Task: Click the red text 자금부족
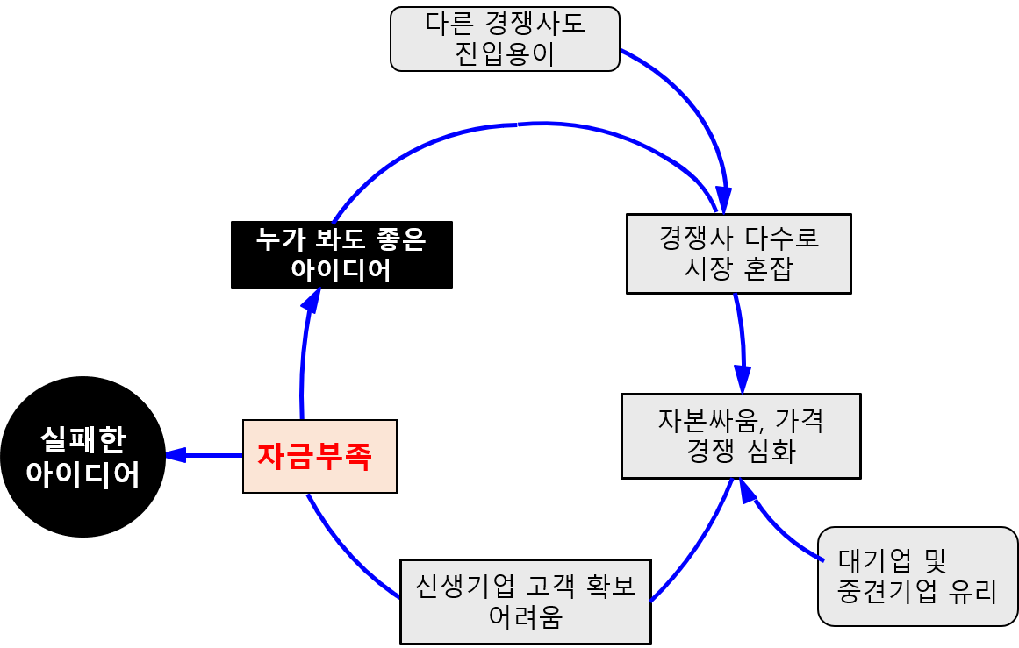click(x=314, y=456)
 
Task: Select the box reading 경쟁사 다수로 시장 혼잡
click(x=738, y=253)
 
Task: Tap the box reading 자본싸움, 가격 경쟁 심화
click(x=740, y=436)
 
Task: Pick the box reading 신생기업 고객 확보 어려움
click(x=525, y=602)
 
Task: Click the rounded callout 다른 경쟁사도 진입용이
click(x=505, y=39)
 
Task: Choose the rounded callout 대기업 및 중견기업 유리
click(x=917, y=576)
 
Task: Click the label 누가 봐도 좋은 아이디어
click(x=341, y=255)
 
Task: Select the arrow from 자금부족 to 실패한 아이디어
click(x=204, y=455)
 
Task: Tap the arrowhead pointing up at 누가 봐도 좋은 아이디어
click(x=310, y=301)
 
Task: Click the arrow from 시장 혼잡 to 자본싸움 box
click(x=742, y=342)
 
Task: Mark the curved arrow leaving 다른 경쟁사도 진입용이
click(x=693, y=106)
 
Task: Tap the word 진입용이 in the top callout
click(x=505, y=54)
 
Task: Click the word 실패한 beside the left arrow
click(x=83, y=439)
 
